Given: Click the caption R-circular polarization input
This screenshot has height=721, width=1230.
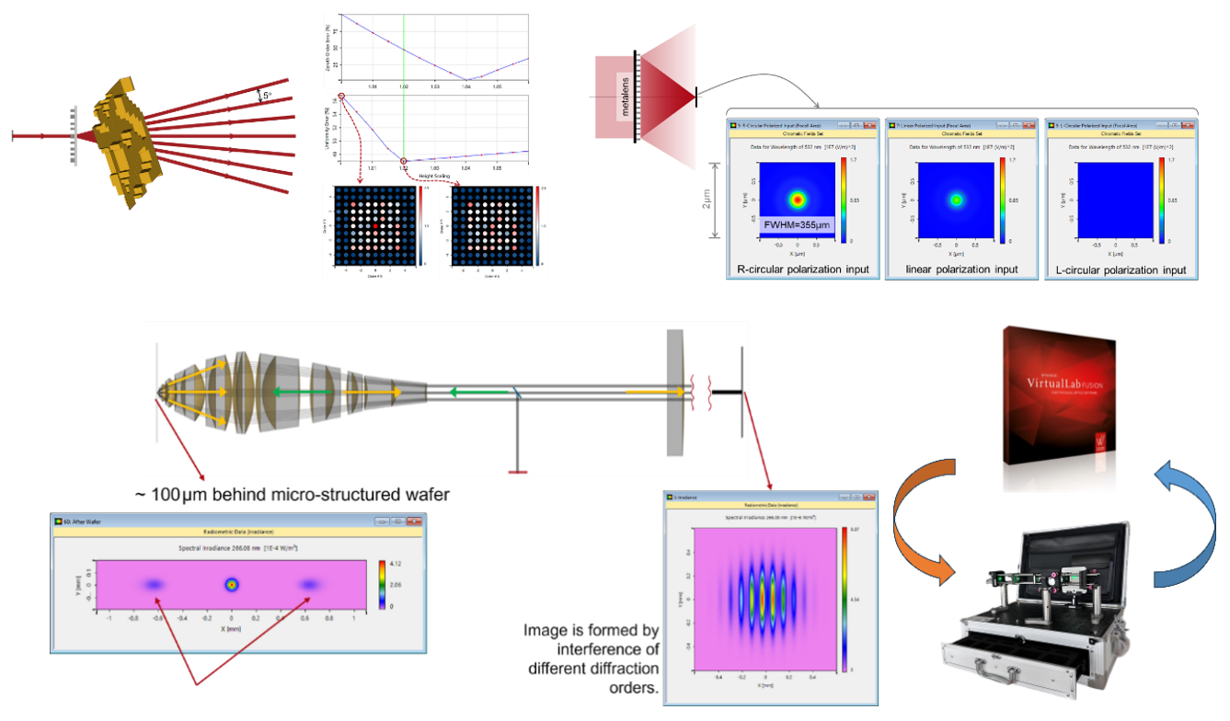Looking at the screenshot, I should pos(801,269).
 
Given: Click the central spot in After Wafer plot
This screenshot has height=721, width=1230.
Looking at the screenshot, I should pos(232,584).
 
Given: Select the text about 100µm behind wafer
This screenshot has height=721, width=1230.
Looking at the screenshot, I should pos(292,495).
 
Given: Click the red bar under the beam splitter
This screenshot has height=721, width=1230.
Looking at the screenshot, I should pos(517,472).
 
